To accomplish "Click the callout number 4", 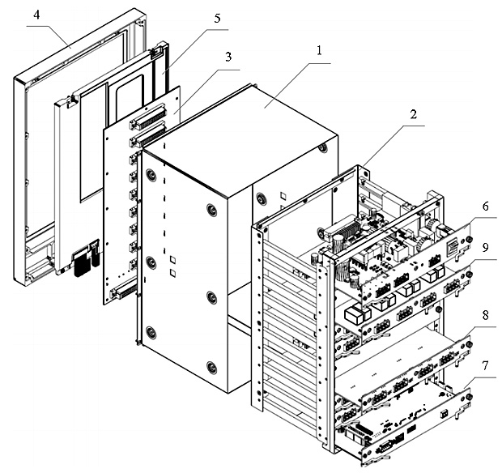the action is coord(36,15).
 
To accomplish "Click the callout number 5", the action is coord(217,19).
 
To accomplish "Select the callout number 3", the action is coord(228,57).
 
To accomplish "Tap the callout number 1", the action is coord(318,51).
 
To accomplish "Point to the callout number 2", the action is coord(414,114).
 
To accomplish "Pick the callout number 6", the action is coord(486,207).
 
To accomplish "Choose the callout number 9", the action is coord(486,248).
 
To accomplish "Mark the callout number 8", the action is coord(486,315).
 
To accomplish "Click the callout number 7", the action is coord(486,365).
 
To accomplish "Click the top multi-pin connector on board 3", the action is coord(148,116).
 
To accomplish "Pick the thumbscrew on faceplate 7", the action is coord(468,397).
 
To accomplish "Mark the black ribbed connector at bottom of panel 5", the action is coord(82,263).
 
